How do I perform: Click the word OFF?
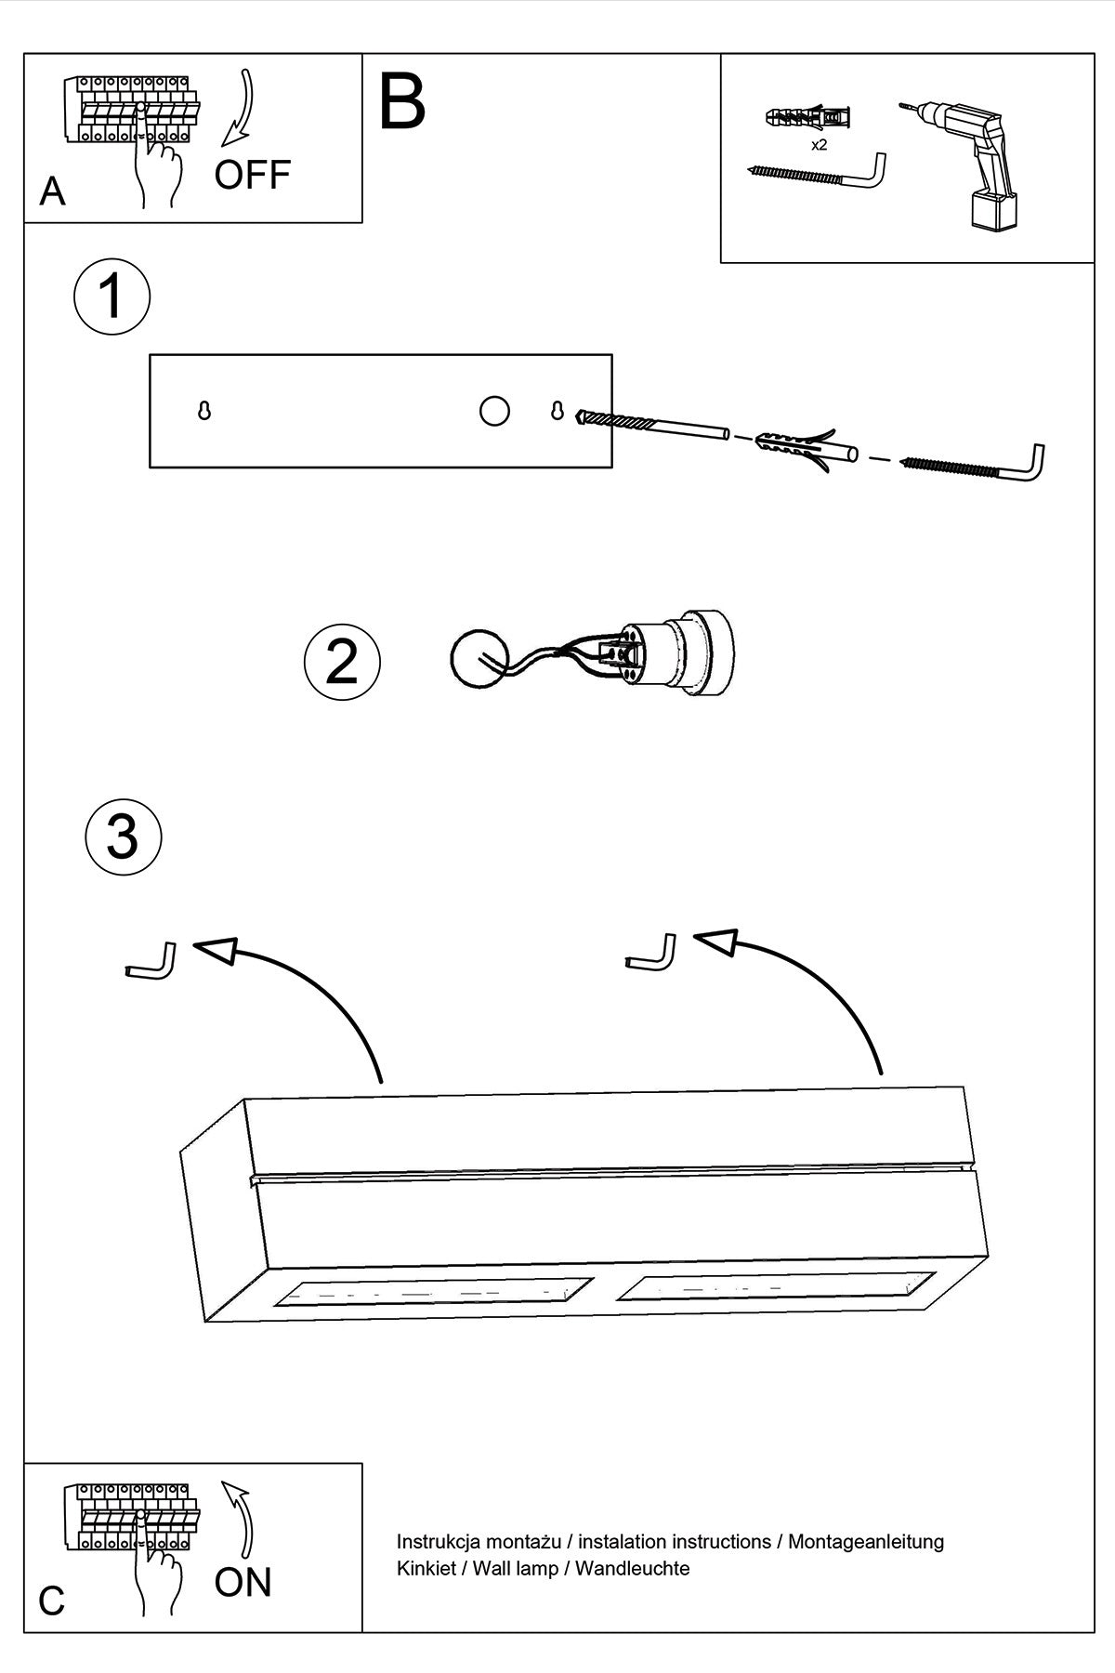click(x=252, y=175)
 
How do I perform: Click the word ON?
click(x=243, y=1582)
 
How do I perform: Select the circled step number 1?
click(x=111, y=296)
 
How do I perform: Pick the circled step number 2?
click(x=342, y=662)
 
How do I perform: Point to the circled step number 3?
click(x=123, y=836)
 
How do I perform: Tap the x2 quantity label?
click(x=819, y=145)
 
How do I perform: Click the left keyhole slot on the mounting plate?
click(x=204, y=410)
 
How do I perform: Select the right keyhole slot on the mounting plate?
click(x=557, y=410)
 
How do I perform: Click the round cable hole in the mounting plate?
click(x=494, y=410)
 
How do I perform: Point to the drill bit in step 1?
click(x=650, y=425)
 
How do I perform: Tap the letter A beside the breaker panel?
click(x=53, y=191)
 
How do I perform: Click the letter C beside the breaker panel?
click(x=52, y=1601)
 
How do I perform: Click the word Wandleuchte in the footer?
click(x=633, y=1568)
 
